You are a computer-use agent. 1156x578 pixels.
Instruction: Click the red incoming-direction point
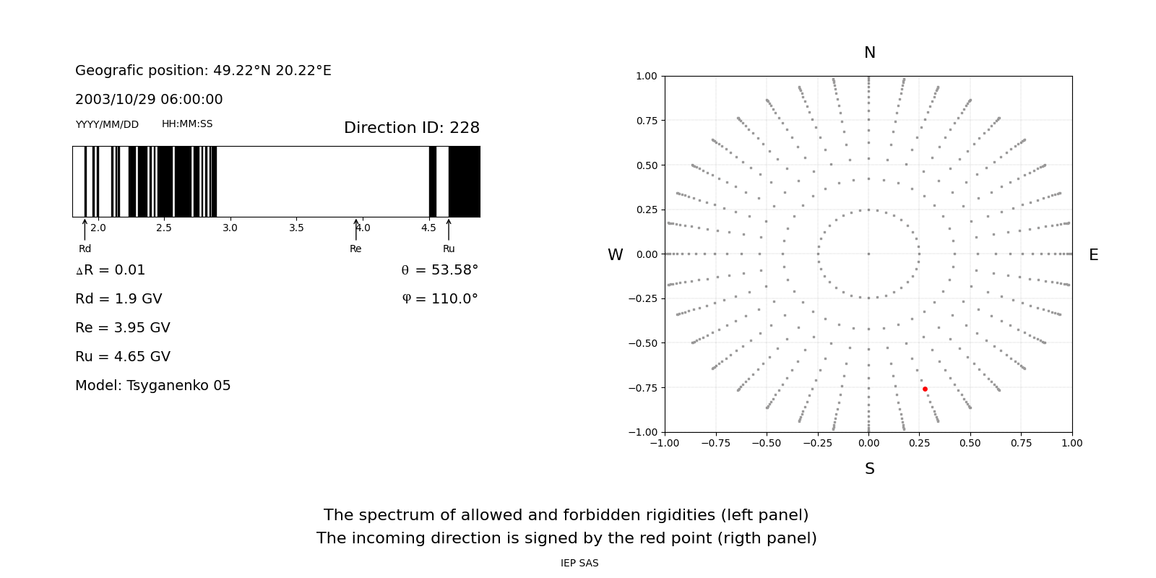(x=925, y=389)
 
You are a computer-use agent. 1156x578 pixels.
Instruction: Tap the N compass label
(x=869, y=53)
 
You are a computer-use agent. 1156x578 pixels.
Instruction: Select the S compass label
(x=869, y=469)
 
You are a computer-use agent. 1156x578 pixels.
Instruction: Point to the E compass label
(x=1093, y=255)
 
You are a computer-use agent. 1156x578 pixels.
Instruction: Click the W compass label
(x=616, y=255)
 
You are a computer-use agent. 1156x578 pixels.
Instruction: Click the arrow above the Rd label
(x=85, y=229)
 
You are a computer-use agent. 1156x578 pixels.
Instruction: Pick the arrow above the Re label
(x=355, y=229)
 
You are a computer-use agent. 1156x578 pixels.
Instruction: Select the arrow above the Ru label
(x=449, y=229)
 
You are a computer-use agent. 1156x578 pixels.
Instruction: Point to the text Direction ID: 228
(x=411, y=128)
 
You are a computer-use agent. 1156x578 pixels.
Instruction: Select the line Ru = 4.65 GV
(x=123, y=357)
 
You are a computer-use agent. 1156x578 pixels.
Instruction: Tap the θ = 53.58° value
(x=439, y=270)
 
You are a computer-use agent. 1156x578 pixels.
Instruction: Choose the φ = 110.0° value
(x=439, y=299)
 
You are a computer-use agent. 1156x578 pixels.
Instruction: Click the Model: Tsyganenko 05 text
(x=152, y=386)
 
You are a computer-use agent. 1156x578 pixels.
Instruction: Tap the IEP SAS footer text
(x=579, y=564)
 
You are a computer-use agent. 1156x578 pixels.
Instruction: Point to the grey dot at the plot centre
(x=868, y=254)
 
